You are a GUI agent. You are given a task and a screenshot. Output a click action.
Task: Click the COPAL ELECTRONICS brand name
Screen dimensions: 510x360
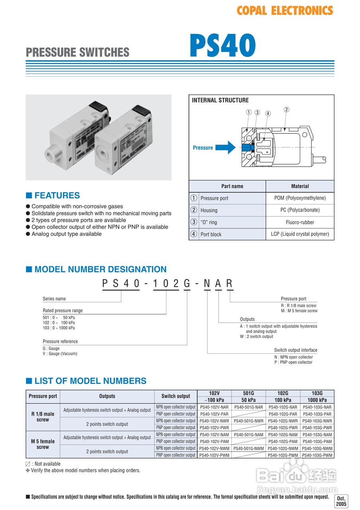tap(285, 11)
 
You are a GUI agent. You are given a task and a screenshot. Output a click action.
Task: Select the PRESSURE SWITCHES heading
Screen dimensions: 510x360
tap(78, 52)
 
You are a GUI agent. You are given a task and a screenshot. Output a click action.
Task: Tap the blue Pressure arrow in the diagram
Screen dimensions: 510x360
tap(226, 147)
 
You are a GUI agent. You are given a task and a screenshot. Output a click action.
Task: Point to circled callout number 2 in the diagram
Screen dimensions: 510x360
tap(286, 110)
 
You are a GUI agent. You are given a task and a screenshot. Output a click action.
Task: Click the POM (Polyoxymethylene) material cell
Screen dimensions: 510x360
tap(300, 198)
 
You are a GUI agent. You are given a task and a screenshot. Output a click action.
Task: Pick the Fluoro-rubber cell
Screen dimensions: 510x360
tap(300, 222)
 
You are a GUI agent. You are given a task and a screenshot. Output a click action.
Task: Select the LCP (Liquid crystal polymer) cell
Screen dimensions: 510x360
tap(300, 234)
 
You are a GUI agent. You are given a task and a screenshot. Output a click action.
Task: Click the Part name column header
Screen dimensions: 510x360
tap(232, 186)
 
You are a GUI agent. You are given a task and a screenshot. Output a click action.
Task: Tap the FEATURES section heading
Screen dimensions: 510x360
tap(57, 195)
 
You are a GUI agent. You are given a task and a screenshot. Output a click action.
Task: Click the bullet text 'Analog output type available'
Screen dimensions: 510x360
tap(67, 234)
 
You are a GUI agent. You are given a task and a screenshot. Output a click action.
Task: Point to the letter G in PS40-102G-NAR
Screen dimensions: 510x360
tap(187, 283)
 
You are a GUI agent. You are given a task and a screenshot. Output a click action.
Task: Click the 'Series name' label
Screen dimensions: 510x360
tap(55, 299)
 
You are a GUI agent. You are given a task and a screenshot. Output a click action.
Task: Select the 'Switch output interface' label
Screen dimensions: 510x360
tap(295, 350)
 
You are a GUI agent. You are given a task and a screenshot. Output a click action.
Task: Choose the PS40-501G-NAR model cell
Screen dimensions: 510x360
tap(248, 407)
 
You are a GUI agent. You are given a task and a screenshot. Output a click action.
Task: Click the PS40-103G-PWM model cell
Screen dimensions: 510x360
tap(317, 455)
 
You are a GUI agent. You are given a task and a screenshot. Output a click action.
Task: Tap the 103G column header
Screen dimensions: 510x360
tap(317, 393)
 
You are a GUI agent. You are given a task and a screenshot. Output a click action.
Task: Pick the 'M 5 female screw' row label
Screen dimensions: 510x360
tap(43, 444)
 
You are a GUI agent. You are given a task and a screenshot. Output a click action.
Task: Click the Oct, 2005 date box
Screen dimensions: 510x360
tap(341, 501)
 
